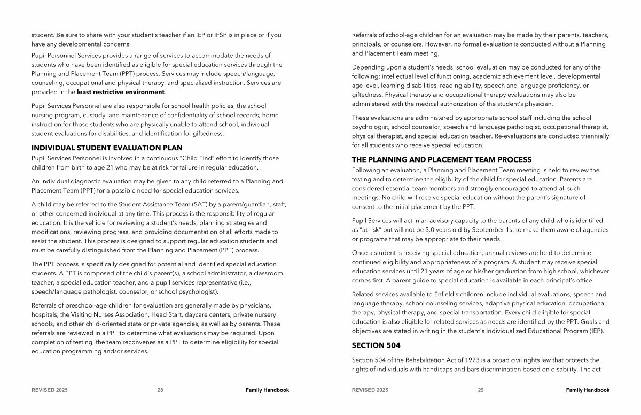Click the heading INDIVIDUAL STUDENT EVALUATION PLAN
point(107,148)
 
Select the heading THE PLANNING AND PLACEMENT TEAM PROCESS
point(441,159)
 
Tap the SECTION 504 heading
point(376,345)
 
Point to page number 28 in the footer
point(160,390)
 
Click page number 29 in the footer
point(481,390)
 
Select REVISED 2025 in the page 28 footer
point(50,390)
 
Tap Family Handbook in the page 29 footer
point(588,390)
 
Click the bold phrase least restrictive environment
point(120,92)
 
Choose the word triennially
point(590,136)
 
